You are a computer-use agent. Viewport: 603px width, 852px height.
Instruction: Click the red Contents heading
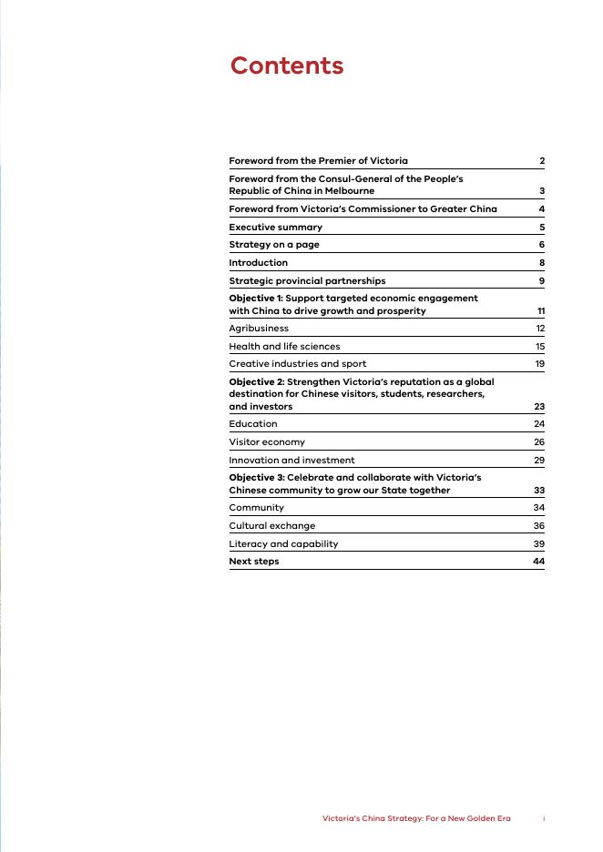(x=286, y=66)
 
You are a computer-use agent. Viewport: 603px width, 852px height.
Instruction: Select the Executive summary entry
(x=275, y=227)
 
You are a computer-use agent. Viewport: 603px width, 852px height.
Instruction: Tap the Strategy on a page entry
(x=273, y=245)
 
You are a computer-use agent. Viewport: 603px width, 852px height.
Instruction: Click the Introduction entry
(x=258, y=263)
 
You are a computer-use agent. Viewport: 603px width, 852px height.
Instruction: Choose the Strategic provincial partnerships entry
(x=307, y=280)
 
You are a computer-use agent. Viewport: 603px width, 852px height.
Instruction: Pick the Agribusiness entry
(x=259, y=329)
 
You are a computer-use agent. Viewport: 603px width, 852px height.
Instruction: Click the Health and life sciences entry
(x=284, y=346)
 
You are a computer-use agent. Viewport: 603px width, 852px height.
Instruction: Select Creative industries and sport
(x=297, y=364)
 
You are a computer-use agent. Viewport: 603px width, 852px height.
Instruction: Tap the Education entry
(x=253, y=423)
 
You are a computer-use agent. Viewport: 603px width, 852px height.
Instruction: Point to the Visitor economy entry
(x=267, y=441)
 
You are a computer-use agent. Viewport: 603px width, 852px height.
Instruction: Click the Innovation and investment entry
(x=291, y=460)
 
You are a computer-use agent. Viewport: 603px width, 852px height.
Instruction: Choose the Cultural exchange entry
(x=271, y=525)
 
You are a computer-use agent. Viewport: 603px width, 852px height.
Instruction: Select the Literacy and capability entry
(x=283, y=543)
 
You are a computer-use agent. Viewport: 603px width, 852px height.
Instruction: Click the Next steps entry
(x=254, y=562)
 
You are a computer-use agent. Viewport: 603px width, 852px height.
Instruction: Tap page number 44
(x=538, y=562)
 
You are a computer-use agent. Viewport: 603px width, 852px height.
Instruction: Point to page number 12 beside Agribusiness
(x=540, y=329)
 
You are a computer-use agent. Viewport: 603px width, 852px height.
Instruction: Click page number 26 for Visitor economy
(x=539, y=441)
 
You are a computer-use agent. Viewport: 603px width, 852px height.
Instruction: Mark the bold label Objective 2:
(x=256, y=382)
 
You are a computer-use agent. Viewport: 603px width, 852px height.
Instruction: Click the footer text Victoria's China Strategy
(x=416, y=818)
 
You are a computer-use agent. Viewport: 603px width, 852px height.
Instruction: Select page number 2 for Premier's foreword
(x=542, y=161)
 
